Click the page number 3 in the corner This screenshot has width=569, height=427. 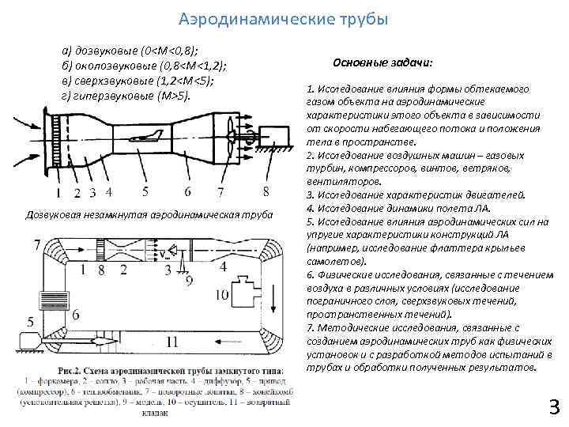tap(554, 407)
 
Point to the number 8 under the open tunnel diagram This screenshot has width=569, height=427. tap(266, 191)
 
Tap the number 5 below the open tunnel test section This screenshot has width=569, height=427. tap(145, 191)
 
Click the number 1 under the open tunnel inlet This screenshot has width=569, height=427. tap(58, 192)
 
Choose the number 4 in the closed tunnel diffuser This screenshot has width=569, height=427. tap(224, 267)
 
